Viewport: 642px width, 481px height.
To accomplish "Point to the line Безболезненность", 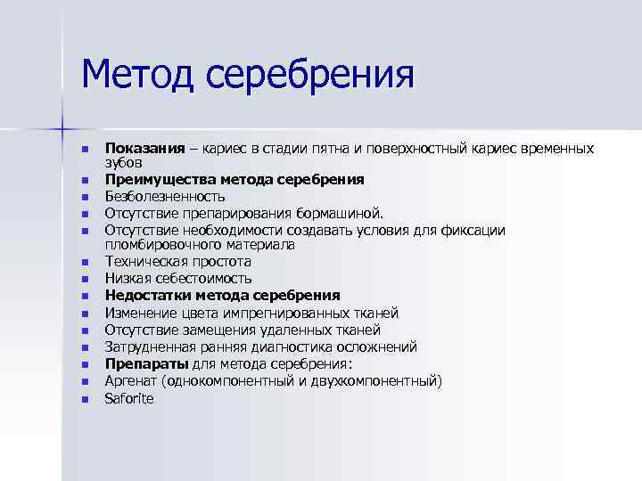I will [x=165, y=196].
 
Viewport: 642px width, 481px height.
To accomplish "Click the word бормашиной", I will [x=338, y=213].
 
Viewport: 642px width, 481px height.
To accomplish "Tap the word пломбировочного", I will [x=161, y=245].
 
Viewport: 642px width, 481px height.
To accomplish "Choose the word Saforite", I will [x=129, y=398].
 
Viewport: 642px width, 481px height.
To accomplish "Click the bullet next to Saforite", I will [x=85, y=399].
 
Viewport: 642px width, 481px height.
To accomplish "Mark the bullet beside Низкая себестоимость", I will [x=85, y=280].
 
